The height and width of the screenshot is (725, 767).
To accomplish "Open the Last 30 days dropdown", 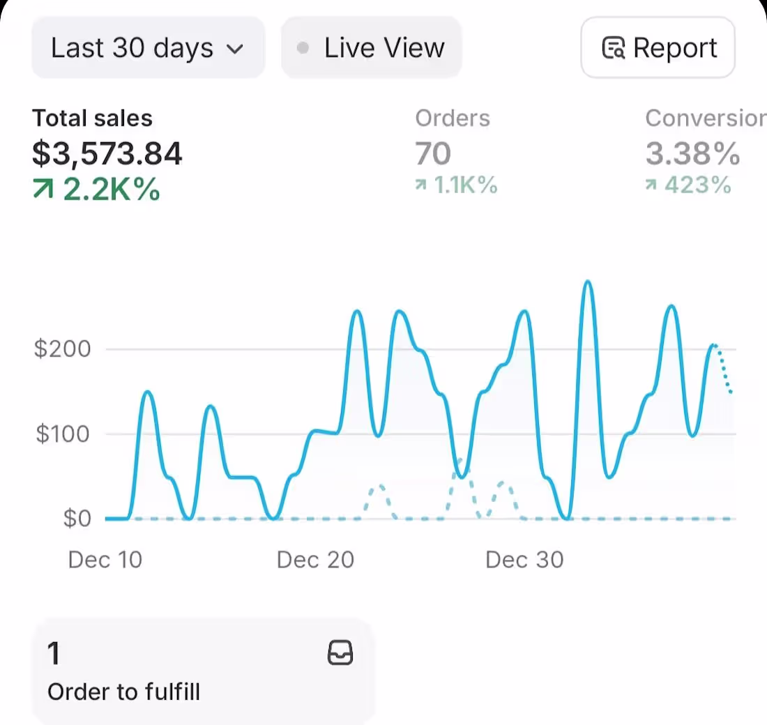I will (x=147, y=48).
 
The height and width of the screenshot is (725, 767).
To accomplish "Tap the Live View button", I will (x=372, y=48).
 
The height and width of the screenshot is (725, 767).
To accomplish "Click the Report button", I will (x=658, y=48).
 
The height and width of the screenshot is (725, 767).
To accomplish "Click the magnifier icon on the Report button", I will (x=613, y=49).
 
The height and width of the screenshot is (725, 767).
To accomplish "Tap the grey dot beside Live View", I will (x=303, y=48).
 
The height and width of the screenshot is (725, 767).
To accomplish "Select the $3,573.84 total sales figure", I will (x=107, y=154).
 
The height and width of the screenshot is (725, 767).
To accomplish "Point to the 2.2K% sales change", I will (x=97, y=189).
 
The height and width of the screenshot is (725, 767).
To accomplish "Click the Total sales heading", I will (x=92, y=119).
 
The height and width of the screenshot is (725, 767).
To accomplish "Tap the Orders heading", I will (x=453, y=119).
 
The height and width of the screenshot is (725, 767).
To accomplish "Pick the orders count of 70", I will (x=433, y=154).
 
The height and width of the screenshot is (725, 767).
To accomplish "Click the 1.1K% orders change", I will (x=457, y=185).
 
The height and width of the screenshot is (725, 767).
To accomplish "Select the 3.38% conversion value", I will (x=692, y=154).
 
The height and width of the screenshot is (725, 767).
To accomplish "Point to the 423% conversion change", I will (x=688, y=185).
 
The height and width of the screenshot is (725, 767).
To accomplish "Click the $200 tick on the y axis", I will (x=63, y=349).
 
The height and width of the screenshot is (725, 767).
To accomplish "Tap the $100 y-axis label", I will (x=63, y=434).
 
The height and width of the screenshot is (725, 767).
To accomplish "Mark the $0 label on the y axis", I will (x=77, y=519).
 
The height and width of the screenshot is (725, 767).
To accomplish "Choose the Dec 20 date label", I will (x=315, y=560).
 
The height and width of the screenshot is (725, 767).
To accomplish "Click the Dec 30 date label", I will (x=524, y=560).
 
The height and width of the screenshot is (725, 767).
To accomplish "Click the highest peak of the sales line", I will (x=588, y=282).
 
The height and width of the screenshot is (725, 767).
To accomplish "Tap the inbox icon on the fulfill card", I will (x=340, y=653).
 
